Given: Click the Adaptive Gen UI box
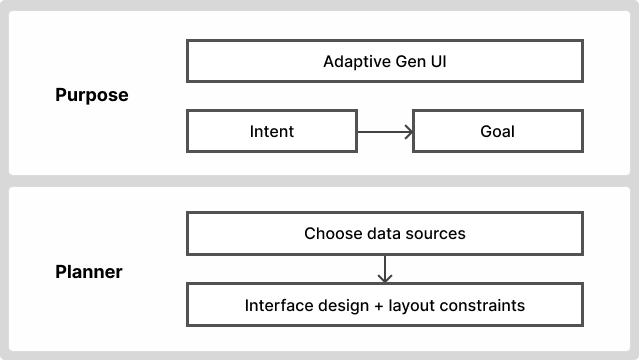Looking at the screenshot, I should pos(385,61).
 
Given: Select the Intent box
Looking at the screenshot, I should pos(272,131).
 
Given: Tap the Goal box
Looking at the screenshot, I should pos(497,131).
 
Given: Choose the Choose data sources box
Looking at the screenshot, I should pos(385,234).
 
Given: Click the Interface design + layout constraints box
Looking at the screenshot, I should pos(385,305).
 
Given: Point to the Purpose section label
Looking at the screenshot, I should pos(92,96).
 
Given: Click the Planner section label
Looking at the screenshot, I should pos(89,271).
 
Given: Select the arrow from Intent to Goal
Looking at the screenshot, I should pos(384,131).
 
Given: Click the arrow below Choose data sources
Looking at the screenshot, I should pos(385,269).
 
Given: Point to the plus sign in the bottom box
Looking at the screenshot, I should pos(372,305).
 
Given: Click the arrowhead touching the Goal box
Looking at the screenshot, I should pos(407,131).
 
